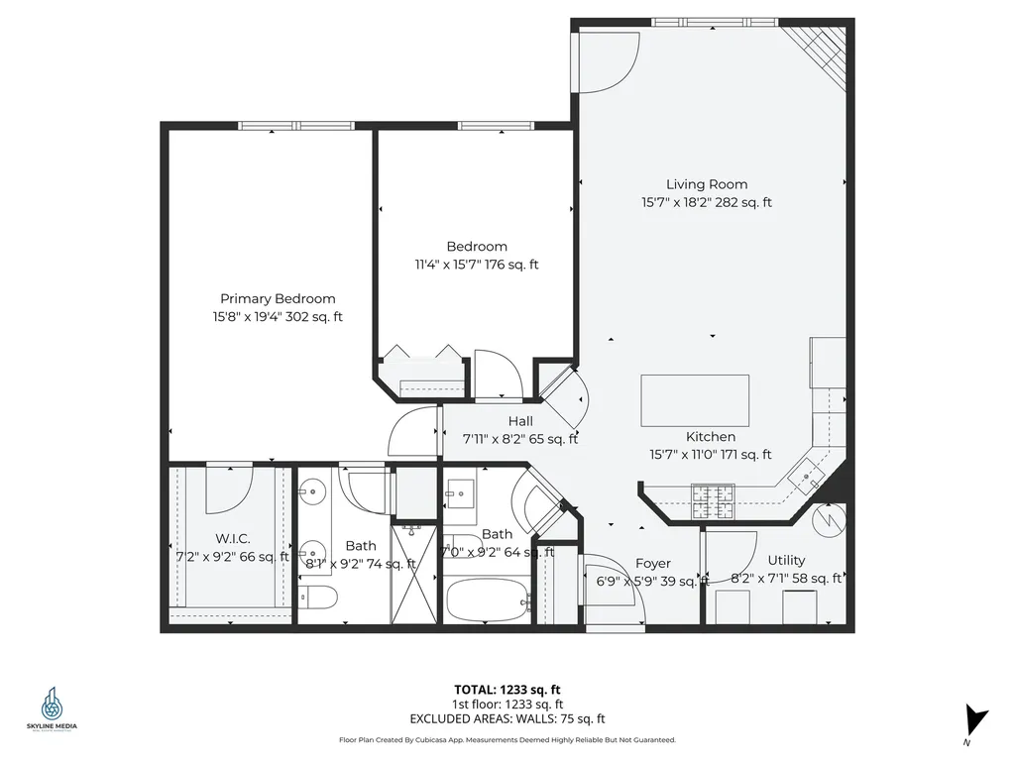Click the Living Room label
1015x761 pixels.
706,184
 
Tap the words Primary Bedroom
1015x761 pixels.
278,298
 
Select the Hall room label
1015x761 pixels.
520,421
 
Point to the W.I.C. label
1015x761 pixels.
232,538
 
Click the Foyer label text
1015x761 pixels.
653,563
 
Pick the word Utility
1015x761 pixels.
786,560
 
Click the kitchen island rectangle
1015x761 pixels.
695,399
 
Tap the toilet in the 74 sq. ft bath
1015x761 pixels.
319,597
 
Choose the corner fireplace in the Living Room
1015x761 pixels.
818,52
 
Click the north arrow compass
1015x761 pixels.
976,718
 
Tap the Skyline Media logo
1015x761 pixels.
52,708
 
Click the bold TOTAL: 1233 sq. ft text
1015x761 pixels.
507,690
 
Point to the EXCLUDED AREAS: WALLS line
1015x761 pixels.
507,719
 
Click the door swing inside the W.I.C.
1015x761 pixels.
229,489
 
